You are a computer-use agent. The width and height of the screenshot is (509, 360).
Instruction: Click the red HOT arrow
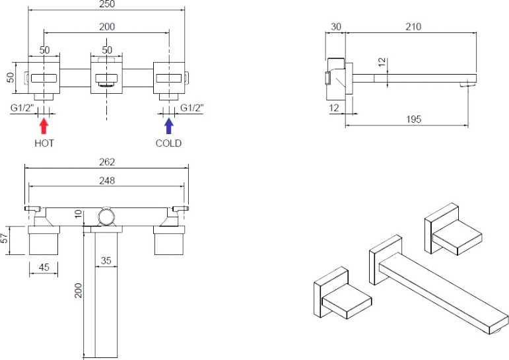[44, 126]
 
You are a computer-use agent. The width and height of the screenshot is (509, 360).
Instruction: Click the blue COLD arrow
[169, 126]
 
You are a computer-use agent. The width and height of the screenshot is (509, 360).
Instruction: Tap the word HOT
[44, 143]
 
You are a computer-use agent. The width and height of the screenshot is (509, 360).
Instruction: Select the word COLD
[168, 143]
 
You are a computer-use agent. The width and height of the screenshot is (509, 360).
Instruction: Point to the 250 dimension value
[107, 4]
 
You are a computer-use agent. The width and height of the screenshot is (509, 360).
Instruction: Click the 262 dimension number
[107, 162]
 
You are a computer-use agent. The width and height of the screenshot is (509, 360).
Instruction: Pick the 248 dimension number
[107, 180]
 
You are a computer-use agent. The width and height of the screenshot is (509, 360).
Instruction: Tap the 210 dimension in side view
[413, 26]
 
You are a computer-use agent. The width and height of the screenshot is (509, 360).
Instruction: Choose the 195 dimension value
[413, 120]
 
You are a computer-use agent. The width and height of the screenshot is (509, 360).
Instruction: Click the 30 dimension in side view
[335, 26]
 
